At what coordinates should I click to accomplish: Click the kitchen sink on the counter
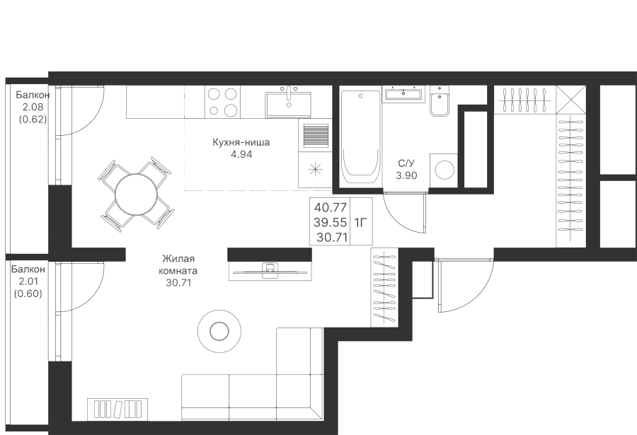(x=288, y=103)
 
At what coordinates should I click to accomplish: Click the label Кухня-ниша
(x=241, y=142)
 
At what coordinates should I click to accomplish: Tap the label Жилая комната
(x=178, y=265)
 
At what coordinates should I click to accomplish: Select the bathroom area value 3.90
(x=406, y=175)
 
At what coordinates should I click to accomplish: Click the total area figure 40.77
(x=331, y=208)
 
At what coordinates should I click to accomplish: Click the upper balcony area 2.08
(x=33, y=107)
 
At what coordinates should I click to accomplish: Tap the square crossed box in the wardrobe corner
(x=570, y=98)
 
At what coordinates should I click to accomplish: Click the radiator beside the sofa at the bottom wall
(x=118, y=409)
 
